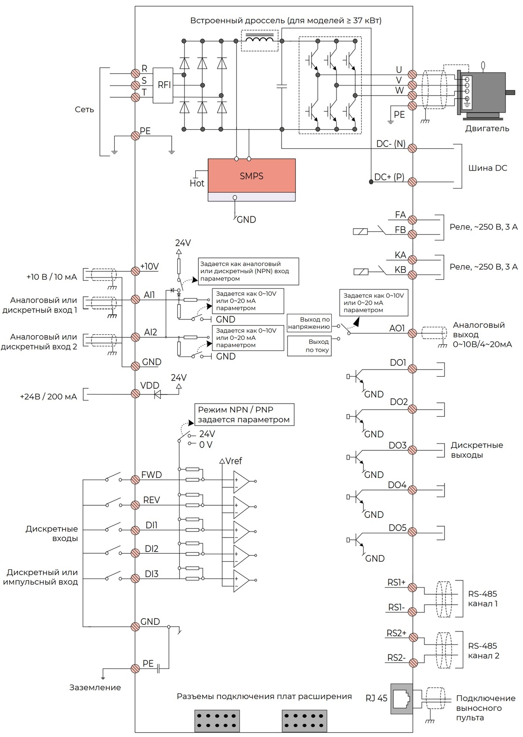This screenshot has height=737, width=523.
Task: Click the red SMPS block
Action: [251, 175]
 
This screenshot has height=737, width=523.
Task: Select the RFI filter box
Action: [163, 85]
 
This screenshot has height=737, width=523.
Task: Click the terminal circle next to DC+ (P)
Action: [412, 182]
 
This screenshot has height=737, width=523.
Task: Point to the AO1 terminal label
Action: [397, 328]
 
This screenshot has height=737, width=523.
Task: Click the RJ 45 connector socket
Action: [401, 699]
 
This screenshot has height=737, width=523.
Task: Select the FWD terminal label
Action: [151, 475]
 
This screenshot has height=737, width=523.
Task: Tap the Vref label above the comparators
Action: [234, 461]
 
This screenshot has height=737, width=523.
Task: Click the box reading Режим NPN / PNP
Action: [244, 415]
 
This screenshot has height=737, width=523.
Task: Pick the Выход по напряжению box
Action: [309, 323]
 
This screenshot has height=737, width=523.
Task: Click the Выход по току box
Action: [309, 346]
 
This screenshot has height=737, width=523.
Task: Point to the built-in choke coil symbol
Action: [260, 41]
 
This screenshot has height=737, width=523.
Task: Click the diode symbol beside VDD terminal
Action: [158, 394]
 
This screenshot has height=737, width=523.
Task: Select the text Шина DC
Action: [487, 168]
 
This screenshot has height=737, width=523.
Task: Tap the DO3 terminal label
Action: [397, 446]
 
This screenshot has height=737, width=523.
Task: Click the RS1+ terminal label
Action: [397, 583]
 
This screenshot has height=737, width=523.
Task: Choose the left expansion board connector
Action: [217, 720]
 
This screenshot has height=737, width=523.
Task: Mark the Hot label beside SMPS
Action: [197, 183]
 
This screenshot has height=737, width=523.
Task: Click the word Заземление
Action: [95, 687]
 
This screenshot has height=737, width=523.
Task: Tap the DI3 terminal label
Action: [151, 574]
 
